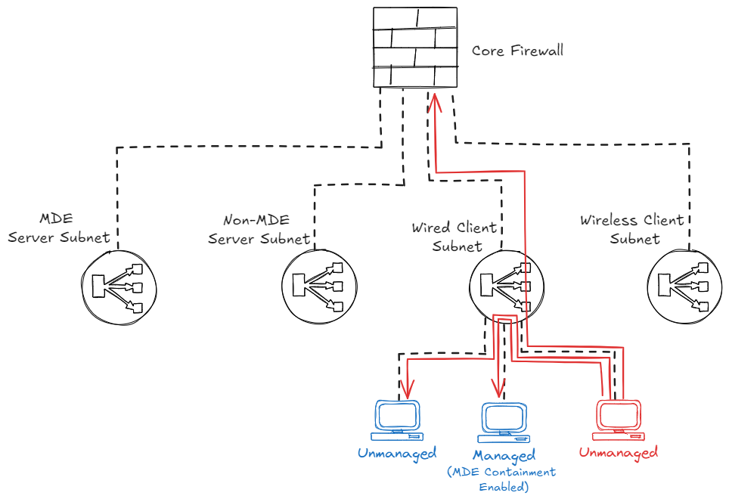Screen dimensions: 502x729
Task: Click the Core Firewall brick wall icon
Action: (x=415, y=48)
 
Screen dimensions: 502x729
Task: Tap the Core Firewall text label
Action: (x=517, y=51)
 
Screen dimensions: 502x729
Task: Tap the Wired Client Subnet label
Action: (x=455, y=236)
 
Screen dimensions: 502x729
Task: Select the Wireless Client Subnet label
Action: (x=632, y=229)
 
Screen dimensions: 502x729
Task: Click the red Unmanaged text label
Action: (x=618, y=453)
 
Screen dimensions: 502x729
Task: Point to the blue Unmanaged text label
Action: (x=397, y=454)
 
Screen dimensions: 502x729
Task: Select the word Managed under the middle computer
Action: (x=504, y=455)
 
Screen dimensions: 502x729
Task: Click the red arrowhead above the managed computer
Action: (x=498, y=389)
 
